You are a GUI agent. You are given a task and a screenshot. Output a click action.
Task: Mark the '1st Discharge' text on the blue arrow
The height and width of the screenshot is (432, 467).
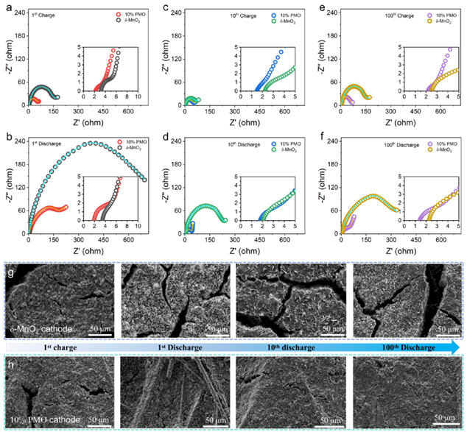(177, 347)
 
